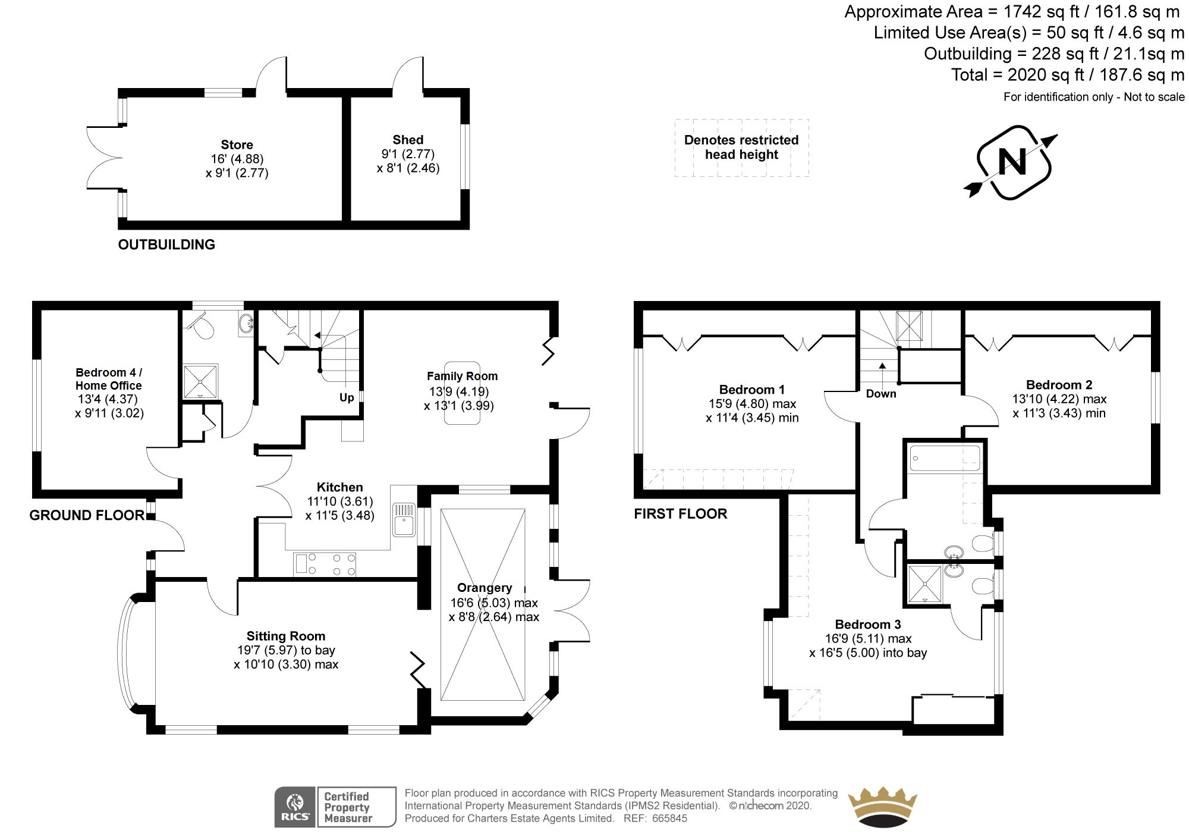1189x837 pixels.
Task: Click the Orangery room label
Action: (485, 588)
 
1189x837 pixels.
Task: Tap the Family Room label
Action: (462, 376)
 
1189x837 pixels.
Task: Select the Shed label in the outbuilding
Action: (408, 140)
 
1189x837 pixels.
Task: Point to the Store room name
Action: (237, 145)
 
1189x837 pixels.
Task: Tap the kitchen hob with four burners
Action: (325, 565)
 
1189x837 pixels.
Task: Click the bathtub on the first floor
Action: (945, 459)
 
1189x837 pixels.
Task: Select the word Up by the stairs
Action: (347, 397)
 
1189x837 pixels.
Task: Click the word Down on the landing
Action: (881, 394)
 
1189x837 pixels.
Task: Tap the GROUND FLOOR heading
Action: (87, 515)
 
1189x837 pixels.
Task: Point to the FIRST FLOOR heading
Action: (681, 514)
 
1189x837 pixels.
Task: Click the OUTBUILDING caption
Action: (166, 244)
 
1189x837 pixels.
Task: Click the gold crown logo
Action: (882, 807)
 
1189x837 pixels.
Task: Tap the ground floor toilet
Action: (200, 325)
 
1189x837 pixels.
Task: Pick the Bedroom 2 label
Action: (1059, 385)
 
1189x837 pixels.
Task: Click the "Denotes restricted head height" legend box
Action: (741, 148)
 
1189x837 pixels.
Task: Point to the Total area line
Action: (1068, 75)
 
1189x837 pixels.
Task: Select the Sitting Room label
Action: (286, 636)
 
